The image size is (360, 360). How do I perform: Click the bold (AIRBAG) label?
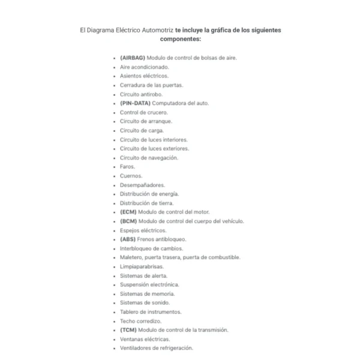point(133,58)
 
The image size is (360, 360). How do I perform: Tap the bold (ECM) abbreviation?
point(128,212)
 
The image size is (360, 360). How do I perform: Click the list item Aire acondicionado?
point(144,67)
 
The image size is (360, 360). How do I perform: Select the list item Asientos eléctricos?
point(144,76)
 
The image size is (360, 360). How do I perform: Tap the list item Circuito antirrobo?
point(141,94)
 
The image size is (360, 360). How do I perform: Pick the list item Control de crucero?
point(144,112)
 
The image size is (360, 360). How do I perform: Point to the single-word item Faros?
point(127,166)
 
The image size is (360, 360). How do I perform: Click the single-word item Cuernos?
point(131,176)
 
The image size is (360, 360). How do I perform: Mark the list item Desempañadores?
point(142,185)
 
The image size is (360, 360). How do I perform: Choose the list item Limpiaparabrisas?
point(142,266)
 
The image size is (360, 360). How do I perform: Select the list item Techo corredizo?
point(140,320)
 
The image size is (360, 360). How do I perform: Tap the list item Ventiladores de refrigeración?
point(157,347)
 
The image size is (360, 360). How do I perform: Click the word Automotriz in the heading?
point(158,29)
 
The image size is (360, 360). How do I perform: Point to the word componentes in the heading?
point(180,38)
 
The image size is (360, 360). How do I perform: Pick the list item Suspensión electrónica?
point(149,284)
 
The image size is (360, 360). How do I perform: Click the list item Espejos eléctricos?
point(143,230)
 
